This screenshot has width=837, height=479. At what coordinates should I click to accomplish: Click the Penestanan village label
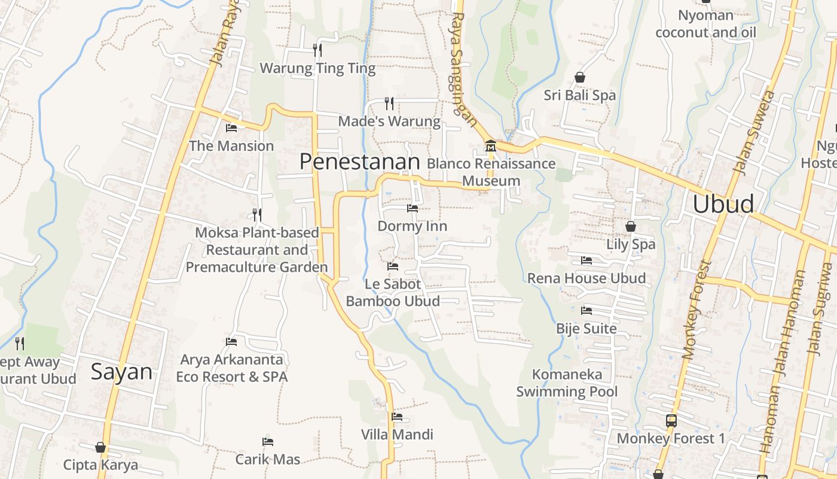(359, 162)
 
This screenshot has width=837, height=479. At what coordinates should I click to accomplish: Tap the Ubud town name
(723, 204)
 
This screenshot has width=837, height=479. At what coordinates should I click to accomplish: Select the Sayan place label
(121, 372)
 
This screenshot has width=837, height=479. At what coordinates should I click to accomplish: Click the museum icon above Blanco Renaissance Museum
(490, 146)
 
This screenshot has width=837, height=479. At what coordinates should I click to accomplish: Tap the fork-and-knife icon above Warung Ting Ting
(317, 50)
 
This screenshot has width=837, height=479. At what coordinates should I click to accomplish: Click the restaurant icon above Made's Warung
(389, 104)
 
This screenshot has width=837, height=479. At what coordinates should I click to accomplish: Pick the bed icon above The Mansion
(231, 128)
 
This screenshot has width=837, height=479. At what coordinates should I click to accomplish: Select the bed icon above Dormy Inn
(413, 208)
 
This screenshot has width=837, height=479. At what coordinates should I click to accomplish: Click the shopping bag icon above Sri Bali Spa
(579, 77)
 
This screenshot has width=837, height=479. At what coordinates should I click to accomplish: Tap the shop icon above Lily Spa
(630, 226)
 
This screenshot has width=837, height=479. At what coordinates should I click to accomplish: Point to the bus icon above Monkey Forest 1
(671, 420)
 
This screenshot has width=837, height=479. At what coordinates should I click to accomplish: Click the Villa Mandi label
(397, 434)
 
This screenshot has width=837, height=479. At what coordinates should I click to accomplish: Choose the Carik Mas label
(267, 459)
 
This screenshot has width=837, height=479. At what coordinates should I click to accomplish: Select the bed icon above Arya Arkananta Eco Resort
(231, 342)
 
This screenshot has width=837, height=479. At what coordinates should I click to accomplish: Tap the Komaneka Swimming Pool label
(567, 383)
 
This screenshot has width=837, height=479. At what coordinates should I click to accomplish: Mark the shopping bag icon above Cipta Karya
(100, 447)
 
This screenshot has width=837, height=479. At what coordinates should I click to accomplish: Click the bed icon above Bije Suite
(586, 311)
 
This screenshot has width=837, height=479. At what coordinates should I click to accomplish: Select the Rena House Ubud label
(586, 278)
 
